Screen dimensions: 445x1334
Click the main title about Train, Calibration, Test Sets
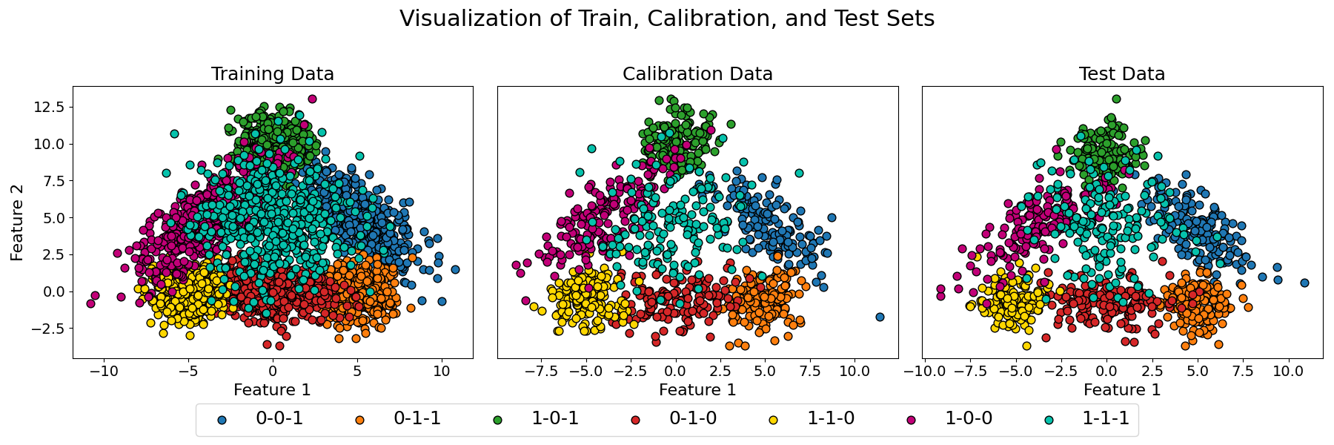(x=667, y=19)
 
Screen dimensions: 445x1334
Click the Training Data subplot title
(x=272, y=74)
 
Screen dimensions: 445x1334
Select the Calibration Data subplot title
(x=697, y=74)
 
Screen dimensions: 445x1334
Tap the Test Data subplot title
(x=1122, y=74)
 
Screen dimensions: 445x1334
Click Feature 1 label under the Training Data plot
(x=272, y=389)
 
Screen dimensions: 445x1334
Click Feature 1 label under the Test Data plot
(x=1122, y=389)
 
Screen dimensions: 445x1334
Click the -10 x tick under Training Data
(x=103, y=370)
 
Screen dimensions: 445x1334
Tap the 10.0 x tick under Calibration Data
(x=854, y=370)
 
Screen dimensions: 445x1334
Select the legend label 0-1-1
(x=417, y=419)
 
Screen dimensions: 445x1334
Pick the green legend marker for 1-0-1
(x=498, y=420)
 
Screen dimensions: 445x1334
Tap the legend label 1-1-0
(x=831, y=419)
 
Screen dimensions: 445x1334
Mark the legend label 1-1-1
(x=1106, y=419)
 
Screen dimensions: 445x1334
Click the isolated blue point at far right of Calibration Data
(x=880, y=317)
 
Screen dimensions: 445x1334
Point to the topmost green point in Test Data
(x=1116, y=99)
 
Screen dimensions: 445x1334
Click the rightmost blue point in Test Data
(x=1304, y=283)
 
